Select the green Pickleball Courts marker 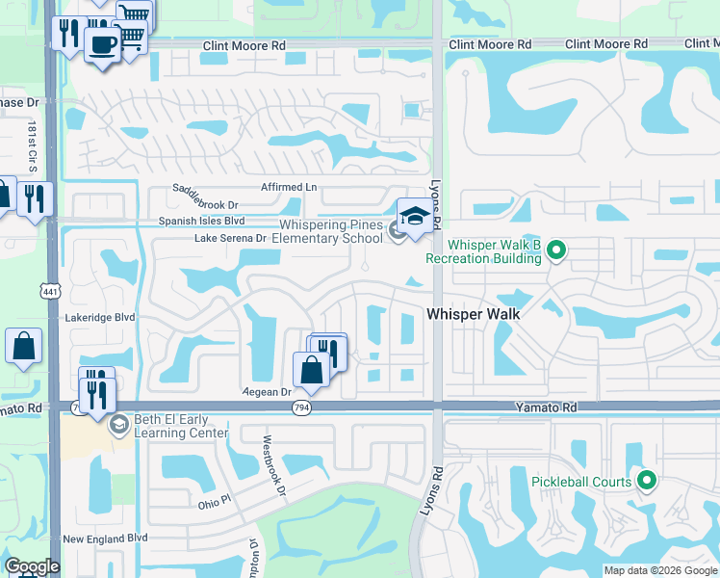point(648,479)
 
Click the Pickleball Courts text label point(581,482)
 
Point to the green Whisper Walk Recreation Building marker point(555,251)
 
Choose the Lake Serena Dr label point(230,238)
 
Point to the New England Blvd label point(104,539)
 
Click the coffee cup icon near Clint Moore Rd point(101,43)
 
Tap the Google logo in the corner point(32,566)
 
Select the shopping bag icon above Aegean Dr point(311,368)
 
